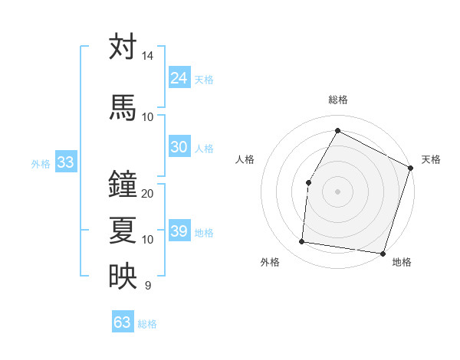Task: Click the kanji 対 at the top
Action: (123, 47)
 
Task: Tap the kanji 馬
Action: (123, 107)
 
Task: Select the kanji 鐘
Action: (123, 185)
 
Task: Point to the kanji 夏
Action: (123, 231)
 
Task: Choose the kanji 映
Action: (123, 277)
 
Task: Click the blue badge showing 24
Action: (179, 78)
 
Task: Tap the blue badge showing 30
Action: (179, 147)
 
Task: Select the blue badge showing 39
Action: (179, 231)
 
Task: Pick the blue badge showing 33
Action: (65, 162)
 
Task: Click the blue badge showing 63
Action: (123, 322)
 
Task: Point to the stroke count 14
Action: (147, 56)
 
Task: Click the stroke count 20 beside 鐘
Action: (148, 194)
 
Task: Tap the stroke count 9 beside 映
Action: (147, 286)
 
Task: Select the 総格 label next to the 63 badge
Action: (147, 324)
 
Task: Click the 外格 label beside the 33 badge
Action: (41, 163)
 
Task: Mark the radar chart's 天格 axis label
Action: (431, 159)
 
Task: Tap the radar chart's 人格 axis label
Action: (245, 159)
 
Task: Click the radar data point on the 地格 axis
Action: (383, 254)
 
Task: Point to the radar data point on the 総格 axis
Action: (337, 130)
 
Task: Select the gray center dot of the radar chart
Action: (337, 191)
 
